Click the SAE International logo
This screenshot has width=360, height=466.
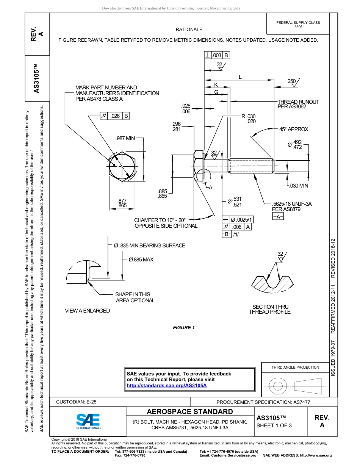point(88,421)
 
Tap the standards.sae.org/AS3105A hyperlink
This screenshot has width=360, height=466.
point(166,386)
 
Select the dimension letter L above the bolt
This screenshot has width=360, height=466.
point(240,77)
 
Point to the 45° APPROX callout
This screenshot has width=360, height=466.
point(294,129)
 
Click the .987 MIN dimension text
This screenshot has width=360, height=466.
point(125,138)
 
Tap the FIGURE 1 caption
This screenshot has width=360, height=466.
point(184,328)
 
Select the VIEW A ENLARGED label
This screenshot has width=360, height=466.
point(88,311)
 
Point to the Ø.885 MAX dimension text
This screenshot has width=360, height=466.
point(141,260)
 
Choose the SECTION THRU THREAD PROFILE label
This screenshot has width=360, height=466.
point(270,309)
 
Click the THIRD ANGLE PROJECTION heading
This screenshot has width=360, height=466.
point(295,367)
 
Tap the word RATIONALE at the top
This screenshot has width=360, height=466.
point(189,30)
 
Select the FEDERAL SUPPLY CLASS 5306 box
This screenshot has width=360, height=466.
point(298,25)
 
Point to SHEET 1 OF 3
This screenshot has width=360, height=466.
point(274,425)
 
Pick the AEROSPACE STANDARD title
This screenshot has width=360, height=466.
point(190,412)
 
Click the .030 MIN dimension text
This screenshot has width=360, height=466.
point(299,186)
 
